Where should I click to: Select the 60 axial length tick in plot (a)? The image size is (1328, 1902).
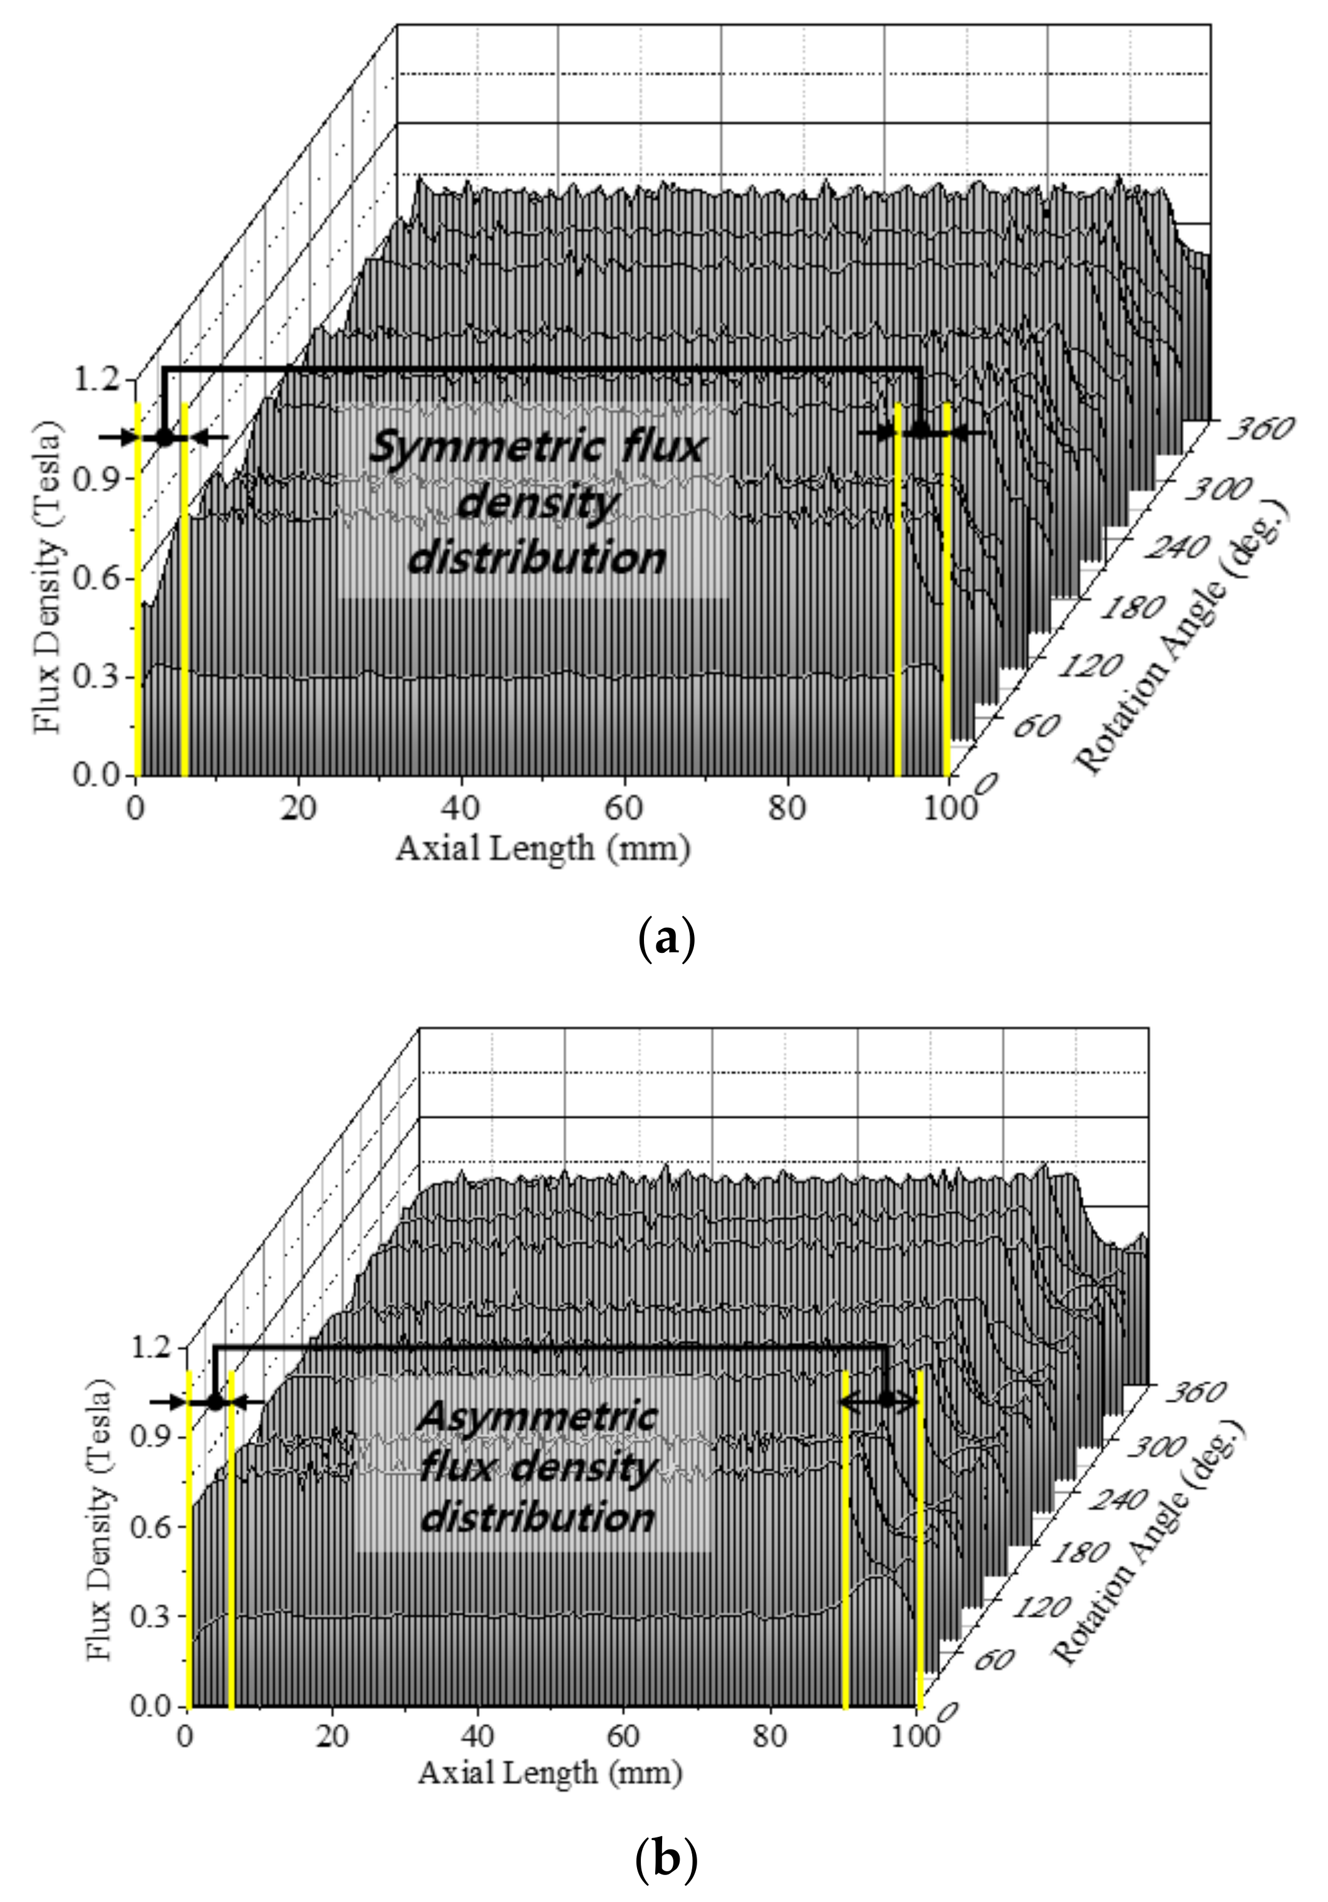pyautogui.click(x=623, y=808)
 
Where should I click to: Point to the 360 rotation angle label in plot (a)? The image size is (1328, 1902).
pyautogui.click(x=1259, y=429)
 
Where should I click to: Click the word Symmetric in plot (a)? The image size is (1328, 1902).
pyautogui.click(x=486, y=449)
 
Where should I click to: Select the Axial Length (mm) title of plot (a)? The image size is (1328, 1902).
pyautogui.click(x=542, y=848)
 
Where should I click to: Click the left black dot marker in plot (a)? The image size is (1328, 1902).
pyautogui.click(x=165, y=437)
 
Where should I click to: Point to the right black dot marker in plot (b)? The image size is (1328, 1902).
pyautogui.click(x=887, y=1399)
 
